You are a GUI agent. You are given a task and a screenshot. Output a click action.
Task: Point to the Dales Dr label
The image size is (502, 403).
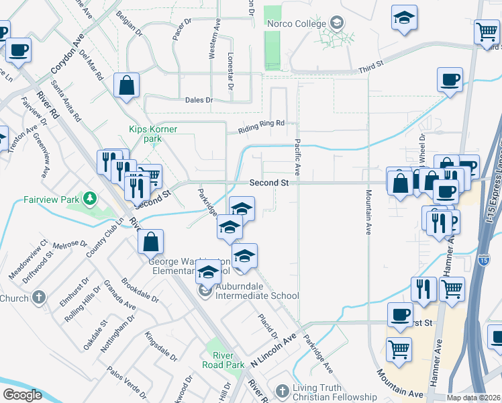click(x=199, y=100)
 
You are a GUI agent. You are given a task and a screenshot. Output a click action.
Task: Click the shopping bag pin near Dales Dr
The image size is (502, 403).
click(x=126, y=85)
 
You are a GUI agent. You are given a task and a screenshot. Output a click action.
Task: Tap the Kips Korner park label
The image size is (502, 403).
click(x=146, y=134)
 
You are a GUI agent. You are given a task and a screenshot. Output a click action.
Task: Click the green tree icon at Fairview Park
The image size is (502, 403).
click(x=89, y=199)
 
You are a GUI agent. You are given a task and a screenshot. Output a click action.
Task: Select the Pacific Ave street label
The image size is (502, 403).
click(x=297, y=159)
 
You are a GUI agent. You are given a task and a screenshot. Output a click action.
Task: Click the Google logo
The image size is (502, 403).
click(x=21, y=395)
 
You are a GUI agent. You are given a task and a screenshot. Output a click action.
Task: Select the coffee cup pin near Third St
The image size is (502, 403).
click(x=449, y=80)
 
